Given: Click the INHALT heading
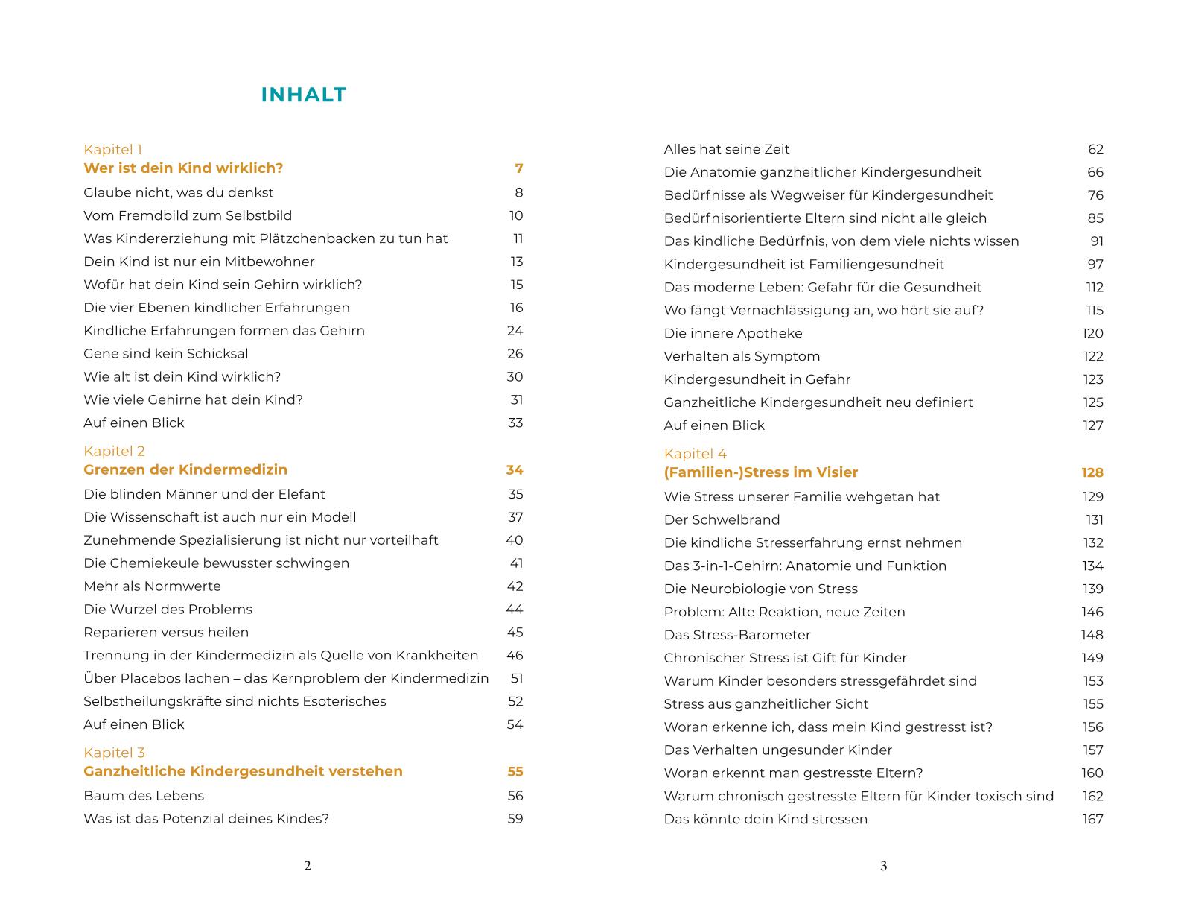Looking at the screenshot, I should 303,95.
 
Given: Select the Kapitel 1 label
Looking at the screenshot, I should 112,149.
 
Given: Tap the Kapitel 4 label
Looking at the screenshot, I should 695,454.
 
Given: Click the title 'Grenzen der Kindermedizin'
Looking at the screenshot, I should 185,469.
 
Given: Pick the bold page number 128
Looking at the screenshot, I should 1092,472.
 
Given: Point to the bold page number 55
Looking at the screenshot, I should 515,771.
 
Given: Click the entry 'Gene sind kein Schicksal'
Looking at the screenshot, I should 165,353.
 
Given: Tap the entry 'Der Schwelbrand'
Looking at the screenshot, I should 722,519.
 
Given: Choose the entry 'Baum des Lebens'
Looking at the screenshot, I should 144,795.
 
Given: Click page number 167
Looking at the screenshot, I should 1092,819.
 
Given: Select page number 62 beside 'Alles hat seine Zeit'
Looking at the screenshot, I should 1095,149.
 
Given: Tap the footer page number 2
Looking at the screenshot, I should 308,866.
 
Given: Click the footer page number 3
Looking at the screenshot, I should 883,866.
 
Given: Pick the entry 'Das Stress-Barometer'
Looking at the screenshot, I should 736,635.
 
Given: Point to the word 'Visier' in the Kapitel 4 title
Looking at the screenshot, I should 836,472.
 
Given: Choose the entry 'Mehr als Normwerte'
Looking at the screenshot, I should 152,586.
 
